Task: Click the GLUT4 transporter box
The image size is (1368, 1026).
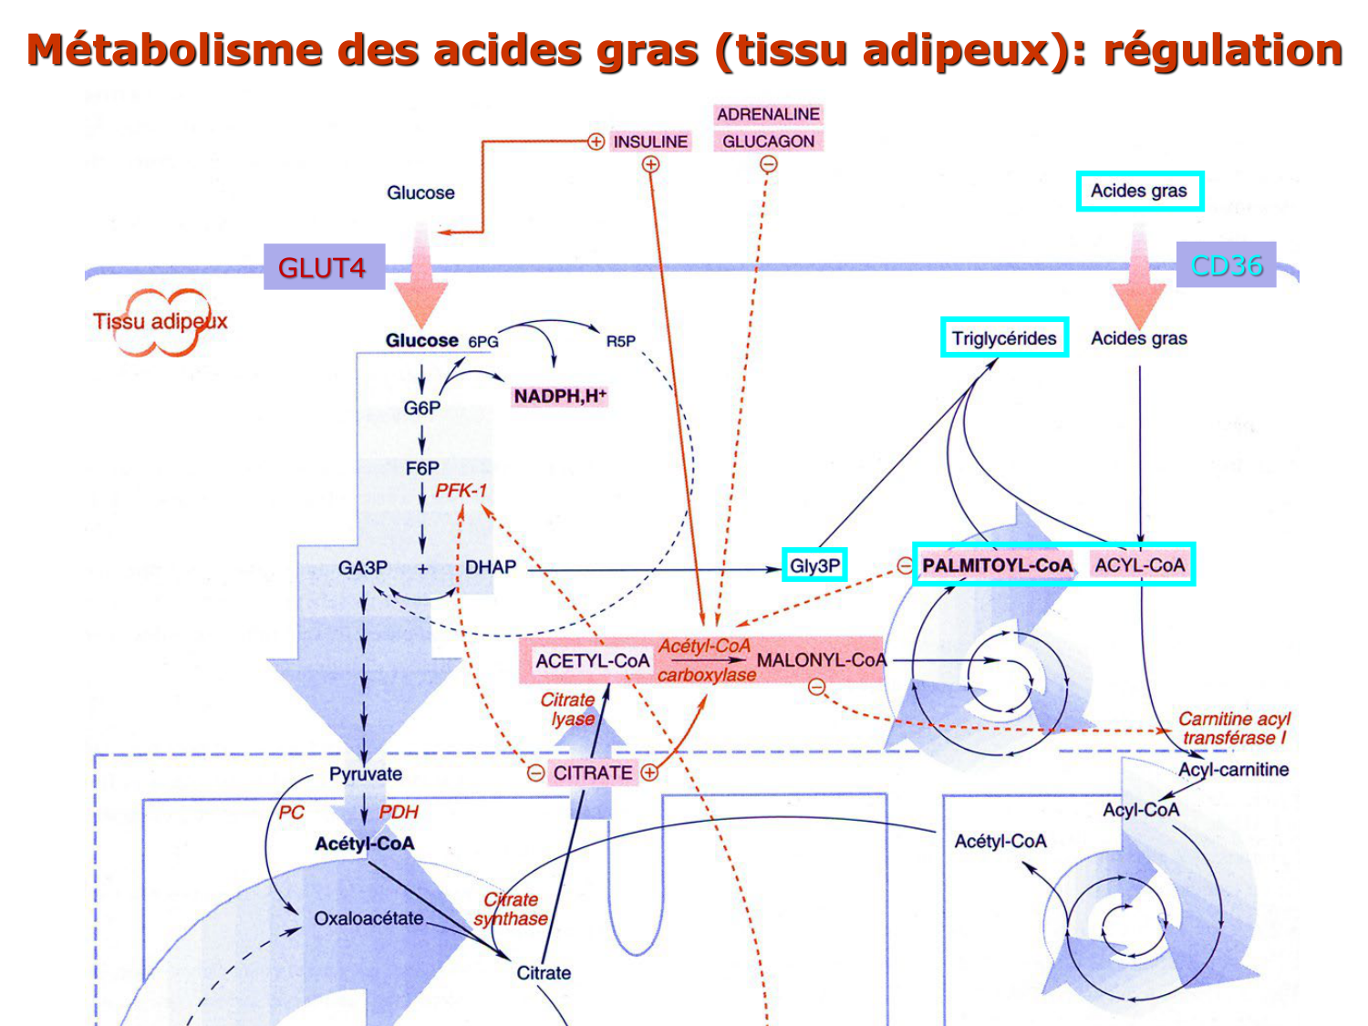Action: point(324,267)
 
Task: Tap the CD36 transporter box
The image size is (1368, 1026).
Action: point(1226,265)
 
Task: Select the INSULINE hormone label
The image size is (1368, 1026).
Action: point(650,141)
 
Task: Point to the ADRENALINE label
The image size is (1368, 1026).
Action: point(768,114)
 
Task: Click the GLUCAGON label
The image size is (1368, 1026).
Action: point(768,141)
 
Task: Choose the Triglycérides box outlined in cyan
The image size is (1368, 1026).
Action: point(1004,338)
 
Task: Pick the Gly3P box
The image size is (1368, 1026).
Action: point(814,565)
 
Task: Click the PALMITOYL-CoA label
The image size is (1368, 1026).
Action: point(997,565)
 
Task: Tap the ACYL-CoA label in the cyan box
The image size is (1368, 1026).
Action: point(1139,565)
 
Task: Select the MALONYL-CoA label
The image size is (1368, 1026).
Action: point(821,660)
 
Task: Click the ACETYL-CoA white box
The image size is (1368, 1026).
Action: point(592,661)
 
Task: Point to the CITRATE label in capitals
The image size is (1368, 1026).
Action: point(593,773)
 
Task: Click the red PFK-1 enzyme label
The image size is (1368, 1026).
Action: point(461,491)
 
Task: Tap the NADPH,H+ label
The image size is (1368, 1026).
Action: point(559,396)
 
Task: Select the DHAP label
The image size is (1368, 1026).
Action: point(491,567)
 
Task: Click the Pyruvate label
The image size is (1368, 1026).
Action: point(366,774)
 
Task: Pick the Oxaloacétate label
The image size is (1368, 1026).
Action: point(368,918)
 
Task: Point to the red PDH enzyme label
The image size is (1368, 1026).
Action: point(399,812)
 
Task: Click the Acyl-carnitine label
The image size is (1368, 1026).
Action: point(1233,770)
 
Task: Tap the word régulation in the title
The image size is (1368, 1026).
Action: point(1222,50)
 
